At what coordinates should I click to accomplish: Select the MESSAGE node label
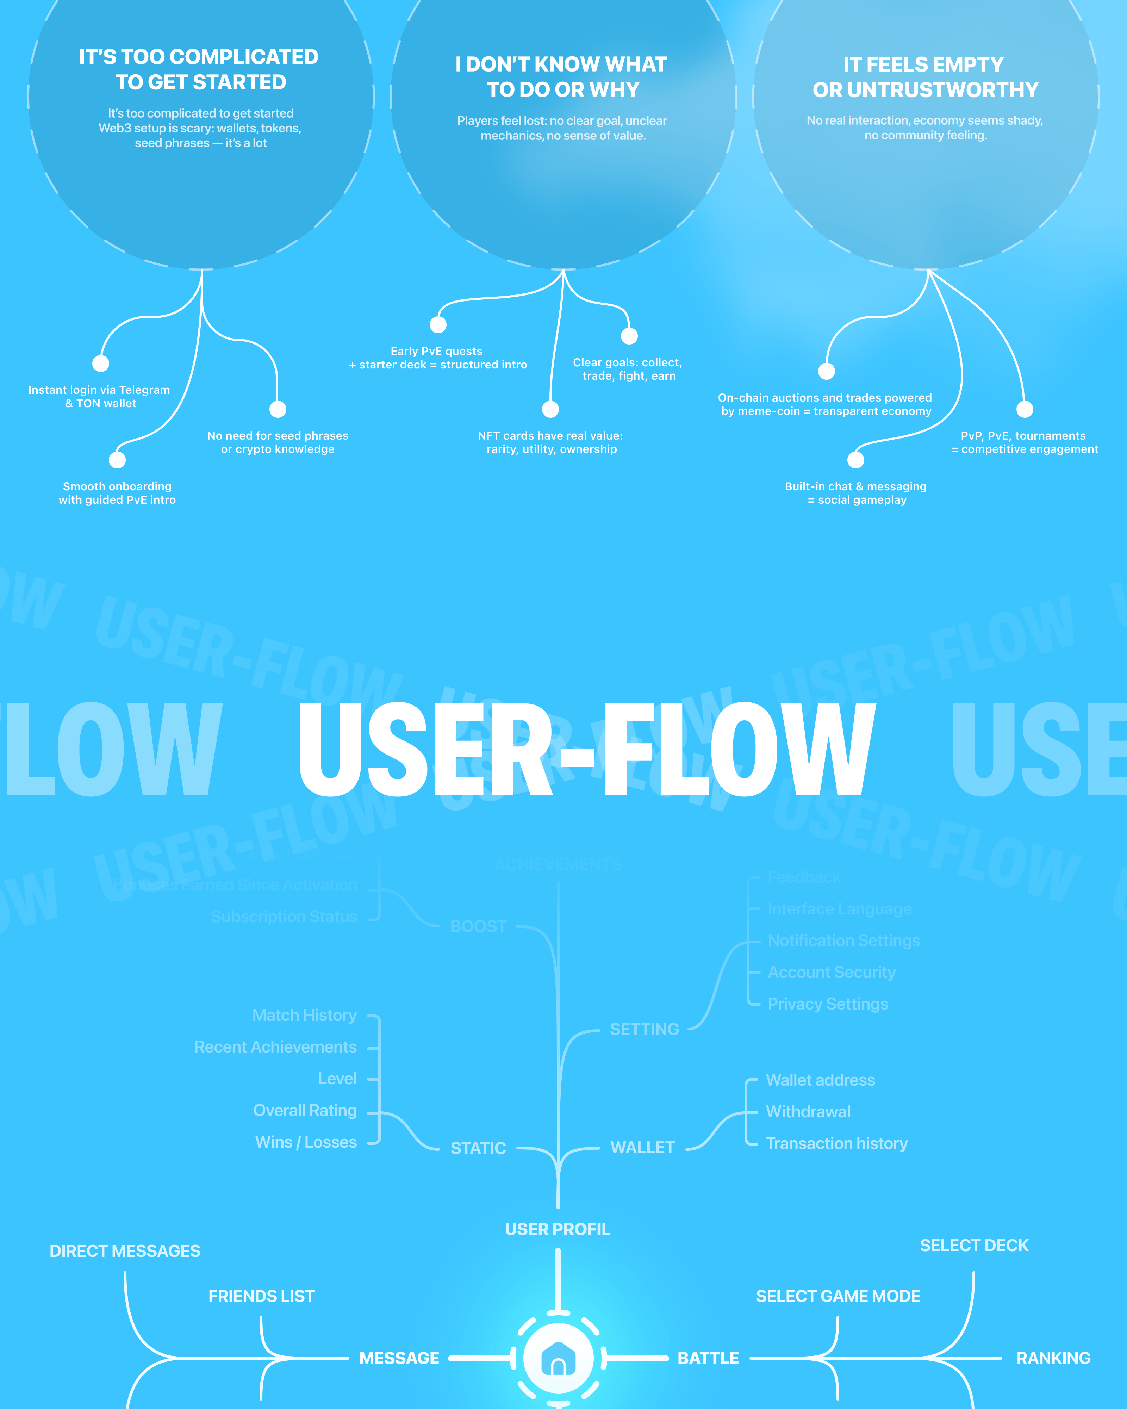(x=399, y=1358)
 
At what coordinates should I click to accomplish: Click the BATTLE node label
(x=708, y=1358)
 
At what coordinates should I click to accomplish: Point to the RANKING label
(x=1053, y=1358)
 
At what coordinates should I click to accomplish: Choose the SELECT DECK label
(x=974, y=1246)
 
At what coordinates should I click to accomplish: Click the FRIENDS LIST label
(x=261, y=1296)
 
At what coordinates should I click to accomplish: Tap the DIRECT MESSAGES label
(x=125, y=1251)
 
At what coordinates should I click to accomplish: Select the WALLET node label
(x=642, y=1148)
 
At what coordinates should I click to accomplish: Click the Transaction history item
(x=836, y=1144)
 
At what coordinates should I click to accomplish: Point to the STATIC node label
(x=478, y=1148)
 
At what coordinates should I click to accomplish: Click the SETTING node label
(x=644, y=1029)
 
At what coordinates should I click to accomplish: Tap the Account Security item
(x=831, y=973)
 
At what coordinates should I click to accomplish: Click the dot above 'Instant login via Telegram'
(x=101, y=364)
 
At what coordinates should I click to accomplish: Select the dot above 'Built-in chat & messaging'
(x=856, y=460)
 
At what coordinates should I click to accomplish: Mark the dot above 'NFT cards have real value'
(x=551, y=409)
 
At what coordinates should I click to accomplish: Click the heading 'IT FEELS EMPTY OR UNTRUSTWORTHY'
(x=925, y=77)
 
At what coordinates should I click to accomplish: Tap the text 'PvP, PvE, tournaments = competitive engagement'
(x=1024, y=442)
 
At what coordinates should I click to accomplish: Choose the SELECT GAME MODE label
(x=838, y=1296)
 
